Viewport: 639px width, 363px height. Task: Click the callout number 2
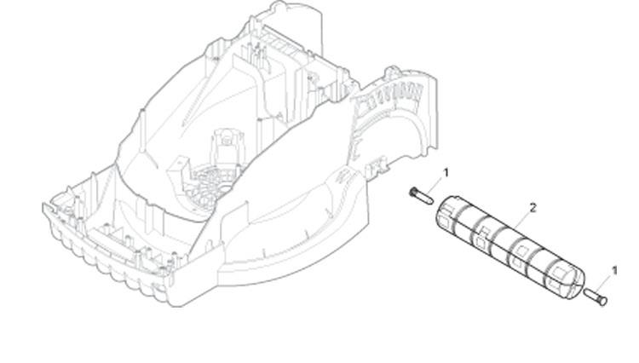click(x=533, y=207)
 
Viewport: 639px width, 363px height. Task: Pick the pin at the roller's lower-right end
click(x=596, y=295)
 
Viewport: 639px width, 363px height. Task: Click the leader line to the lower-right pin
click(x=607, y=282)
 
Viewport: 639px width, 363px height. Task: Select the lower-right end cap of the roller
click(x=568, y=281)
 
